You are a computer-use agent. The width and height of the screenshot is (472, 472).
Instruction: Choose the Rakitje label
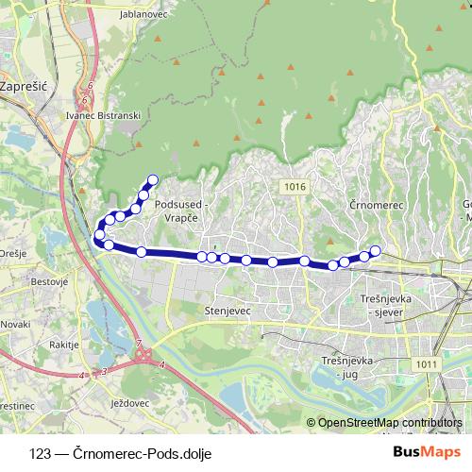(x=62, y=346)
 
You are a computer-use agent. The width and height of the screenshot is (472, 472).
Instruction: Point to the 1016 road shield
(x=294, y=188)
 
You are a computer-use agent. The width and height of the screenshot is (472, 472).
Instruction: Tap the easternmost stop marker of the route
(x=375, y=250)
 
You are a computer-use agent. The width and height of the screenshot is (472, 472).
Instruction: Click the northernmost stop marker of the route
(x=152, y=179)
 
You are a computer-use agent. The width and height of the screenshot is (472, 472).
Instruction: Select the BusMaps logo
(x=430, y=450)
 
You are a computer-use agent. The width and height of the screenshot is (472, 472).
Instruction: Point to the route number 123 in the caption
(x=40, y=451)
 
